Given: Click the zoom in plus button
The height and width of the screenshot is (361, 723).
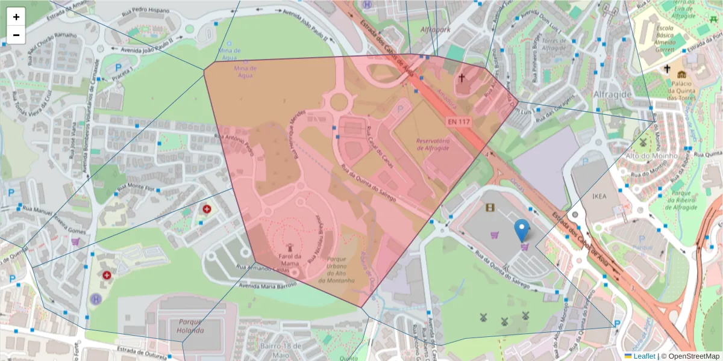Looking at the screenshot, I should point(16,17).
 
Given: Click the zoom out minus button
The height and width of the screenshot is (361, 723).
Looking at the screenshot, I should point(16,35).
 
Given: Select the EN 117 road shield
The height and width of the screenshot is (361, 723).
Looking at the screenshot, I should point(459,122).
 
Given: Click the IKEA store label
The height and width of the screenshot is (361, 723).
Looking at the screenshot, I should point(599,196).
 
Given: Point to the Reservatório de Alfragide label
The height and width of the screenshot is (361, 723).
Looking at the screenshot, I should point(433,144).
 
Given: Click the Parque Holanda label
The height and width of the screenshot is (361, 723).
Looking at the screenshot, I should point(190,326).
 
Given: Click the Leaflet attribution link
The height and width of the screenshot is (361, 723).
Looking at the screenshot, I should point(643,356).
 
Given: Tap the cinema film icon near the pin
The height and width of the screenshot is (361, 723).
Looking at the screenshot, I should point(490,208).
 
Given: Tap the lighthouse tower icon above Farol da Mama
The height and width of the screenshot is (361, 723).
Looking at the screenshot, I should point(289,247).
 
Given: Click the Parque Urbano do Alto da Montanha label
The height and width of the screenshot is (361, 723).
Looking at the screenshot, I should point(337,269).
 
